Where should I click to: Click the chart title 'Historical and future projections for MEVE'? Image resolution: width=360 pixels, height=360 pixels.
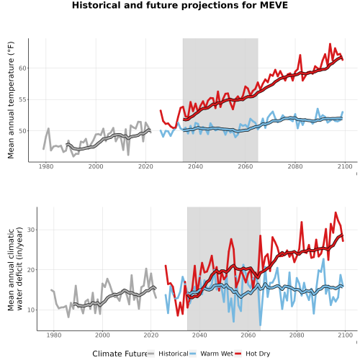[180, 5]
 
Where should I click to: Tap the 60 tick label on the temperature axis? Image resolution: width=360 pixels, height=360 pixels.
[22, 68]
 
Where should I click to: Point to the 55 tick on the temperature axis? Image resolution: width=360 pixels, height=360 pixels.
[22, 99]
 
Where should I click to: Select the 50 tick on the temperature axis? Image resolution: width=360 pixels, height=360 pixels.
[22, 131]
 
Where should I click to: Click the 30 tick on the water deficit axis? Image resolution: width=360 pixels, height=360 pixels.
[31, 230]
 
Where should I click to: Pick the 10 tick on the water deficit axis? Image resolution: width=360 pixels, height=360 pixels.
[31, 310]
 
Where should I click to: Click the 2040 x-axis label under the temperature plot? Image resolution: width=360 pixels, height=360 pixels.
[195, 166]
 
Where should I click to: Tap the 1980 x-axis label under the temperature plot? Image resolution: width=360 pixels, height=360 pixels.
[46, 166]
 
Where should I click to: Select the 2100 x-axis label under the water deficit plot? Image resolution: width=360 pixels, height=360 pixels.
[345, 335]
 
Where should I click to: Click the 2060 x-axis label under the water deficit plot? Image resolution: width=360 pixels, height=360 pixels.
[248, 335]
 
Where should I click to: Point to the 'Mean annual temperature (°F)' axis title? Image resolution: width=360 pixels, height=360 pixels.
[11, 100]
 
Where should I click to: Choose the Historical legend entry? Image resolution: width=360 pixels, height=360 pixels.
[168, 354]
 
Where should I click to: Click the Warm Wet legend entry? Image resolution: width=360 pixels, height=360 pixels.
[211, 354]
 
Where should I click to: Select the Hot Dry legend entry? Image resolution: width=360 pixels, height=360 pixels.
[252, 354]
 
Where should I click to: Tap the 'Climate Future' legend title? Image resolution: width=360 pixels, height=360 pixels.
[120, 354]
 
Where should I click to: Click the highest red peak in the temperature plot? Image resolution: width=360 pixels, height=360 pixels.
[330, 44]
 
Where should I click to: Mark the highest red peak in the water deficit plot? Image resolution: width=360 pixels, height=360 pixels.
[336, 212]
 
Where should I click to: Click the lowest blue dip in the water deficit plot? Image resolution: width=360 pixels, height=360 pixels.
[261, 325]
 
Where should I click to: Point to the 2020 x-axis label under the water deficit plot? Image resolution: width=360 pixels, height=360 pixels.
[151, 335]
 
